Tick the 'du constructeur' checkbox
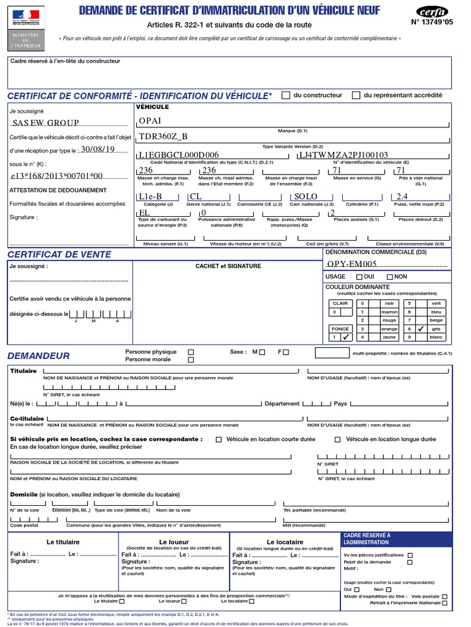pos(286,96)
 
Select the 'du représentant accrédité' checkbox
pos(356,96)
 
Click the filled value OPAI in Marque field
pos(150,121)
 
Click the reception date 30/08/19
pos(98,149)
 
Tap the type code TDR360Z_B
pos(163,137)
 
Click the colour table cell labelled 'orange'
pos(389,329)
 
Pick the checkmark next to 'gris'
pos(421,329)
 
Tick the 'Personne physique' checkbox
pos(191,352)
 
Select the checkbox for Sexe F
pos(285,352)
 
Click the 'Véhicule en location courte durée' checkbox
pos(218,440)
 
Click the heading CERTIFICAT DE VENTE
pos(59,254)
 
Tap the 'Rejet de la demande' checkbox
pos(410,562)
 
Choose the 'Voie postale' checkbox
pos(445,596)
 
